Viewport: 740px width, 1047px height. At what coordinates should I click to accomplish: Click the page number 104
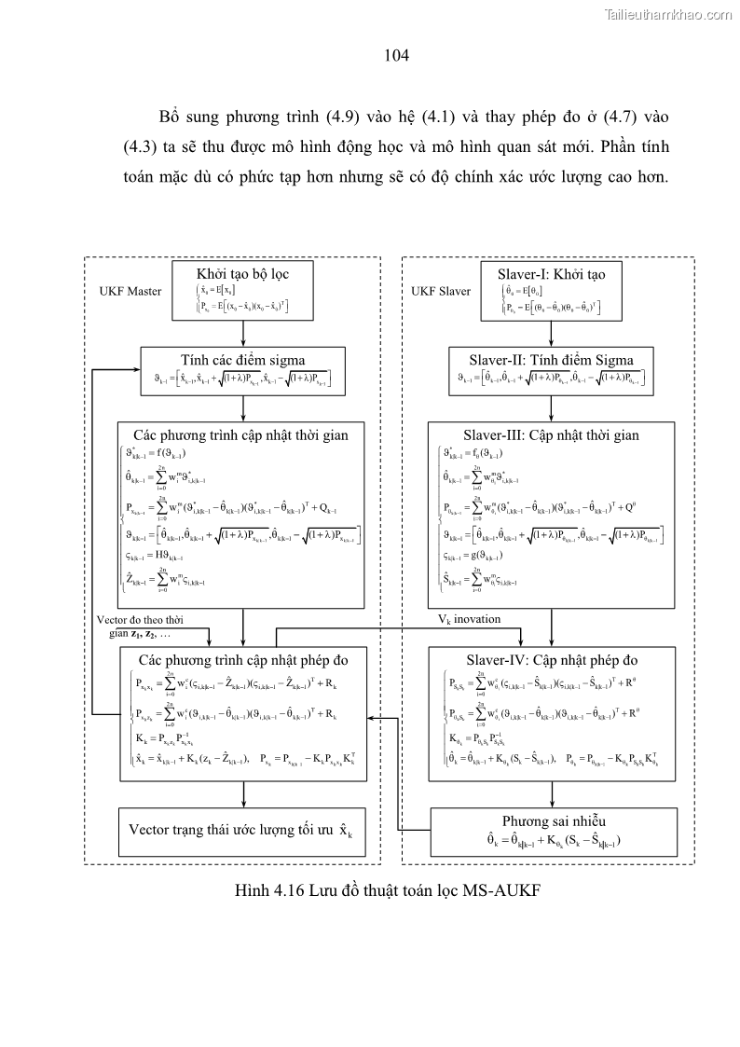pyautogui.click(x=397, y=56)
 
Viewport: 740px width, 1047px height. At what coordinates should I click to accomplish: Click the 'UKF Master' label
pyautogui.click(x=130, y=291)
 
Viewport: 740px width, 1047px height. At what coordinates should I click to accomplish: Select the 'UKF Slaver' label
pyautogui.click(x=442, y=291)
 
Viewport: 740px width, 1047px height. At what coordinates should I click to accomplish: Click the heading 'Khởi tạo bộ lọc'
pyautogui.click(x=242, y=275)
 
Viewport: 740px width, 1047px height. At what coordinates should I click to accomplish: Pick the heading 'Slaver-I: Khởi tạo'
pyautogui.click(x=554, y=275)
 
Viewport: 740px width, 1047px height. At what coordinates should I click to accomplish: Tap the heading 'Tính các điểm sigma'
pyautogui.click(x=242, y=360)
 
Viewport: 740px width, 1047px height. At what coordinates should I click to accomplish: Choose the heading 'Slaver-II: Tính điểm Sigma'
pyautogui.click(x=554, y=360)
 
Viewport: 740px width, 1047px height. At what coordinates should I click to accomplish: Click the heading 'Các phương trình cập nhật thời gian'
pyautogui.click(x=241, y=434)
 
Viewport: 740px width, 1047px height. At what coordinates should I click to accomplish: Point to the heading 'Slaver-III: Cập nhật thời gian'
pyautogui.click(x=552, y=434)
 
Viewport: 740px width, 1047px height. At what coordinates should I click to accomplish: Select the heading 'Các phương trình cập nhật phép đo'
pyautogui.click(x=242, y=660)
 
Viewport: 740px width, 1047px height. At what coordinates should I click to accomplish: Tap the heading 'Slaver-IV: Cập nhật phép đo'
pyautogui.click(x=552, y=660)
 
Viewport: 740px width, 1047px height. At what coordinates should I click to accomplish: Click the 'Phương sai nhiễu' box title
pyautogui.click(x=554, y=820)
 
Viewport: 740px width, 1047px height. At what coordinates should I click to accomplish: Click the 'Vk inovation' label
pyautogui.click(x=470, y=619)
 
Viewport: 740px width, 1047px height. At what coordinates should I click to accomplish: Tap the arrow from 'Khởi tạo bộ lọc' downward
pyautogui.click(x=242, y=333)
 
